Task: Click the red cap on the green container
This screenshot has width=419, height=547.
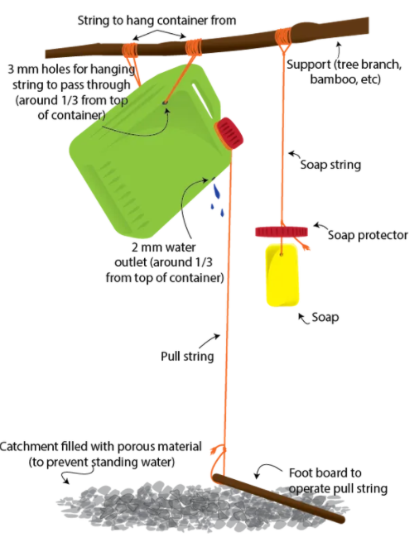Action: (229, 133)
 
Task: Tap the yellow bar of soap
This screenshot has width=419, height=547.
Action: (282, 276)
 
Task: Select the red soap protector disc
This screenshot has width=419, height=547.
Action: (282, 231)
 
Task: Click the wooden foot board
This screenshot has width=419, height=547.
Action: (278, 498)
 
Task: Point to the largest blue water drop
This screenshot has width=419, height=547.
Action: (217, 191)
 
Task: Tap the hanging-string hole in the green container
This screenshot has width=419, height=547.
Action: (165, 103)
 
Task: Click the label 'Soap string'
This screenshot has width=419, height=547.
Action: (330, 165)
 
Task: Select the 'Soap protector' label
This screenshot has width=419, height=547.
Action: (368, 235)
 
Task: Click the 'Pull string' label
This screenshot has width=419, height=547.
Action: (187, 357)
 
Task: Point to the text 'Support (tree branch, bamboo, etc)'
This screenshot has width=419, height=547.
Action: (344, 72)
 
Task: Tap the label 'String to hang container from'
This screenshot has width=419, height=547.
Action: (157, 20)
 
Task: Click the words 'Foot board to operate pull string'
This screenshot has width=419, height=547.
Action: (338, 481)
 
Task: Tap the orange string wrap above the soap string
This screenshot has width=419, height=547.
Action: (283, 36)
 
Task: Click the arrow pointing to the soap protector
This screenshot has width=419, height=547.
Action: (320, 227)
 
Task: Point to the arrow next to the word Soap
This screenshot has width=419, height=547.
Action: (303, 319)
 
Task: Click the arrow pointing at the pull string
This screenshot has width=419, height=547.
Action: (209, 341)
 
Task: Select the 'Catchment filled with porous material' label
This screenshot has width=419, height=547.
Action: (101, 447)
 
